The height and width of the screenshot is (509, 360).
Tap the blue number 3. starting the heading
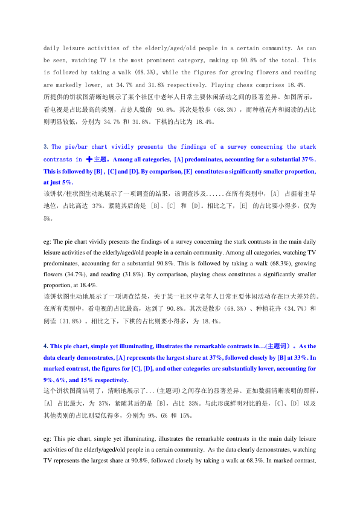click(46, 147)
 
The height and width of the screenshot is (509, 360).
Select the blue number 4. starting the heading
click(46, 346)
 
